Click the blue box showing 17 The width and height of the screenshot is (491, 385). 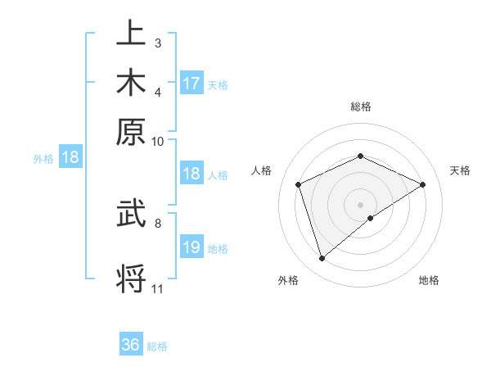[191, 83]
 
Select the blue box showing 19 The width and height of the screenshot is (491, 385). [191, 247]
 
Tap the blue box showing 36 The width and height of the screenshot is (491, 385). [131, 345]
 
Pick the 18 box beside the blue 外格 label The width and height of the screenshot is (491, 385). [70, 158]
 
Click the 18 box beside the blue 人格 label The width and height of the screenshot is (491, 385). [191, 174]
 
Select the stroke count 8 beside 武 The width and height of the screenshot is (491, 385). [157, 221]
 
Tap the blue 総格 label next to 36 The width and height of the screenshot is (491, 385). [157, 346]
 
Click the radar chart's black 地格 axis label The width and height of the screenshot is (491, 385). [429, 280]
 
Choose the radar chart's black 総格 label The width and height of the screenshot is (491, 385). [360, 106]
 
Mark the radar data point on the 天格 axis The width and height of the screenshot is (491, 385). [423, 184]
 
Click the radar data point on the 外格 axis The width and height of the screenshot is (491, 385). [322, 259]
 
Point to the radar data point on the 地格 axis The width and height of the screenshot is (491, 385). [371, 218]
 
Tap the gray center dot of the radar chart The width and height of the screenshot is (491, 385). [360, 204]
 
